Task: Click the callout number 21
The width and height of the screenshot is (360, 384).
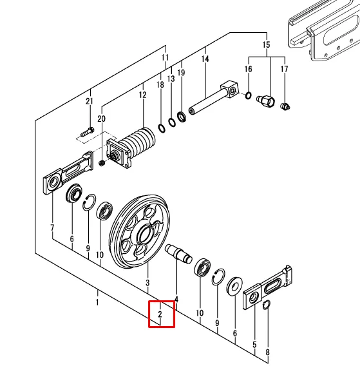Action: [90, 101]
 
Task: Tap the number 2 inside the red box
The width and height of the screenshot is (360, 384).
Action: [160, 314]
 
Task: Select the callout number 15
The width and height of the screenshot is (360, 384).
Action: [266, 45]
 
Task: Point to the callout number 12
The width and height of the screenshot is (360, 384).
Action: [143, 95]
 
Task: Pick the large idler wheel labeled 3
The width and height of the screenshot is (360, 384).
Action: [140, 232]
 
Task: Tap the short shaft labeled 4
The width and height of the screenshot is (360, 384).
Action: [178, 254]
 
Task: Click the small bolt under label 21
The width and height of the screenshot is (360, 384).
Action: [87, 132]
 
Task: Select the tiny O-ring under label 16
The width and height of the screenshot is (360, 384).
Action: [248, 95]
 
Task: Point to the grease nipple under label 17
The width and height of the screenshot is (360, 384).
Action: [285, 106]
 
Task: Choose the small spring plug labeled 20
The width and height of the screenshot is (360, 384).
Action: [102, 163]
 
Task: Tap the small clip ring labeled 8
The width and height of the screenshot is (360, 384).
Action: [267, 305]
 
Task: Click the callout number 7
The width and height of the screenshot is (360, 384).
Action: [52, 228]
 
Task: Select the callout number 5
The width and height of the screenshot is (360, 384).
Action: [254, 345]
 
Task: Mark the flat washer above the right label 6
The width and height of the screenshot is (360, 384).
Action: [234, 286]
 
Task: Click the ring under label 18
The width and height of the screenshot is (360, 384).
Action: [162, 128]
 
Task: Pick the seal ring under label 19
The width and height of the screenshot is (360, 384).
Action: [182, 117]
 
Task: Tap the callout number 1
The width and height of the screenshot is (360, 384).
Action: [97, 302]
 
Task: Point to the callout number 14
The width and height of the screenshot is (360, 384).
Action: [205, 59]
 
